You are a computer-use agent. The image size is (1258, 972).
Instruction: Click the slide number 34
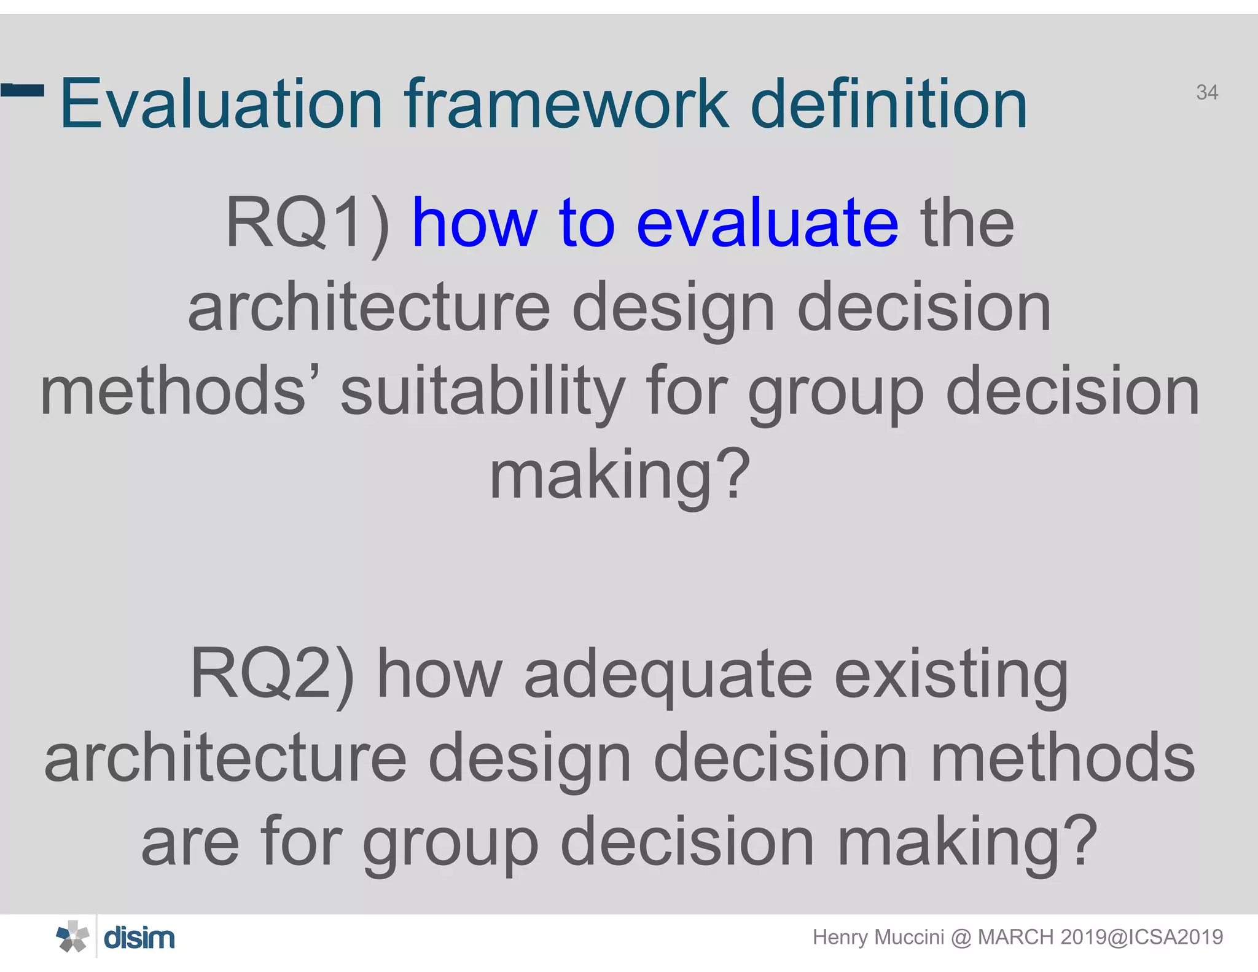pos(1207,92)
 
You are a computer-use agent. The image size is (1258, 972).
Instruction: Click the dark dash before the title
pos(23,90)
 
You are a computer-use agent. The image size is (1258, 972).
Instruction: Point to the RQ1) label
pos(307,224)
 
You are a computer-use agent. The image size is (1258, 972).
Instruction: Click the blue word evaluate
pos(767,224)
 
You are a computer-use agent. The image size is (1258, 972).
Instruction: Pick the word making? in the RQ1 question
pos(620,476)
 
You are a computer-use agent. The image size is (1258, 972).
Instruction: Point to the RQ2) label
pos(272,675)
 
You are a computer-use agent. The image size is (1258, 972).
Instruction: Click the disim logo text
pos(139,938)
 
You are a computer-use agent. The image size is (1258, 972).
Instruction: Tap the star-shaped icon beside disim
pos(73,937)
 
